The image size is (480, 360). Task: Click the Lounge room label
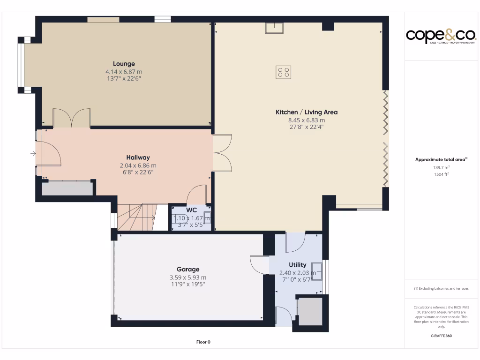pos(124,64)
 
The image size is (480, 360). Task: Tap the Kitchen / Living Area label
pos(306,112)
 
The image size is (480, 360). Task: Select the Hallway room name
pos(138,157)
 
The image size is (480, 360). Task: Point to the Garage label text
pos(187,269)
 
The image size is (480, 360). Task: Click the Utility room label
pos(297,265)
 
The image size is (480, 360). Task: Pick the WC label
pos(191,210)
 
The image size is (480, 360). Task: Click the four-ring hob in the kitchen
pos(284,72)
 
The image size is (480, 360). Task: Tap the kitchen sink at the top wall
pos(274,28)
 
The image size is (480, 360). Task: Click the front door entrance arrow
pos(33,153)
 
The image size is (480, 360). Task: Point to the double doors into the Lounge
pos(71,118)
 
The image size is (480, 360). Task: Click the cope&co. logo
pos(441,36)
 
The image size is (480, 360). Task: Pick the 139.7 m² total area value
pos(441,167)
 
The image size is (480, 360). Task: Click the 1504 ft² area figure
pos(441,174)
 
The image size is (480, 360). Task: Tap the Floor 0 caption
pos(203,342)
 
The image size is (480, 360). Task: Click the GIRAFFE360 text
pos(441,336)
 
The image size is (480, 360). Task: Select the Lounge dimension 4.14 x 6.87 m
pos(124,72)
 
